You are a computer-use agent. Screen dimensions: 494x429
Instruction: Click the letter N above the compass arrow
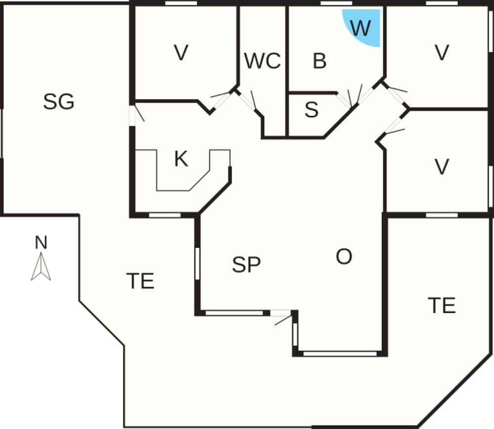[x=41, y=243]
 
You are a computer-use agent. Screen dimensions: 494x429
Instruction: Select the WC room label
[x=262, y=61]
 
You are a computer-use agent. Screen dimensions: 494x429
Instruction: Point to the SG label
[x=59, y=102]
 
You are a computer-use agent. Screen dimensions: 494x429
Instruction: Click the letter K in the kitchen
[x=181, y=159]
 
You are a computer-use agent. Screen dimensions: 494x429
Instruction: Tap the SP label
[x=246, y=265]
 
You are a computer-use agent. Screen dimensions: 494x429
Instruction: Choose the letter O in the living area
[x=344, y=257]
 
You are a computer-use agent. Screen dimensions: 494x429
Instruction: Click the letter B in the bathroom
[x=320, y=61]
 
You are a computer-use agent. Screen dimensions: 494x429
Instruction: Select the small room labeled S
[x=311, y=111]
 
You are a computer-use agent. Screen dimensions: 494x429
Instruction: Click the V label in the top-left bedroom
[x=181, y=52]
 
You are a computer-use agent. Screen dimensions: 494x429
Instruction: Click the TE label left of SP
[x=140, y=281]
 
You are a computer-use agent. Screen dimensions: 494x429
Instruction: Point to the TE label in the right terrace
[x=441, y=305]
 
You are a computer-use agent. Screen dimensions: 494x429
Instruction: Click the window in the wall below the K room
[x=165, y=215]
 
